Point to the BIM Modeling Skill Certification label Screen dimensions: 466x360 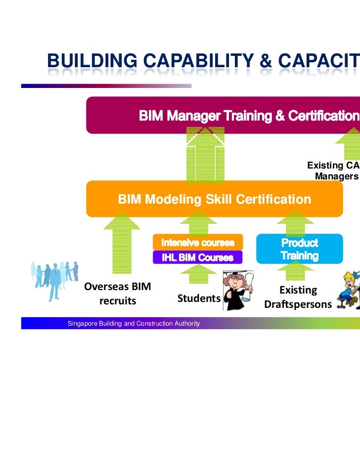pyautogui.click(x=214, y=199)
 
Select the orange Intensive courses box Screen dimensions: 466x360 pyautogui.click(x=197, y=243)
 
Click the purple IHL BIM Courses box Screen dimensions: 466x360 pyautogui.click(x=197, y=257)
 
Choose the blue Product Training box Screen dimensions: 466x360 pyautogui.click(x=299, y=249)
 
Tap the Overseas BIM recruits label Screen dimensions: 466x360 pyautogui.click(x=118, y=294)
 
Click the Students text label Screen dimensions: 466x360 pyautogui.click(x=199, y=298)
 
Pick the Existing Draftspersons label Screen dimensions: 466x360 pyautogui.click(x=298, y=297)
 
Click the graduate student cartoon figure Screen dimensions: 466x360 pyautogui.click(x=238, y=290)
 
